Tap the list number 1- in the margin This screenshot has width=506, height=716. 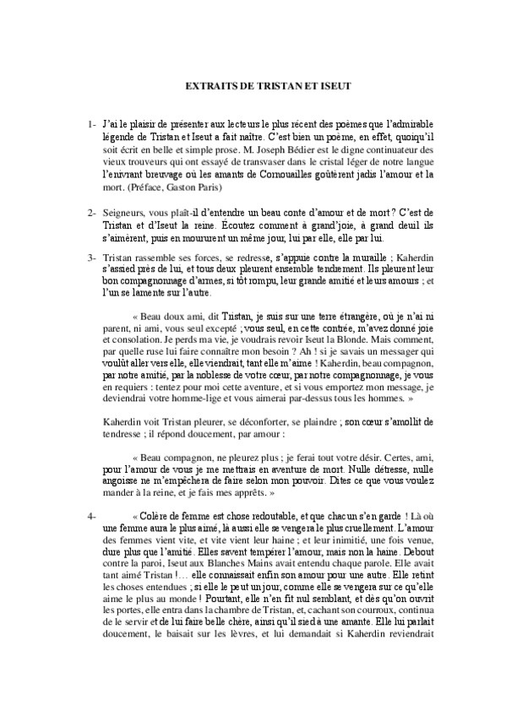point(92,125)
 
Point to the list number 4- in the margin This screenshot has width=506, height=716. point(92,514)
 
